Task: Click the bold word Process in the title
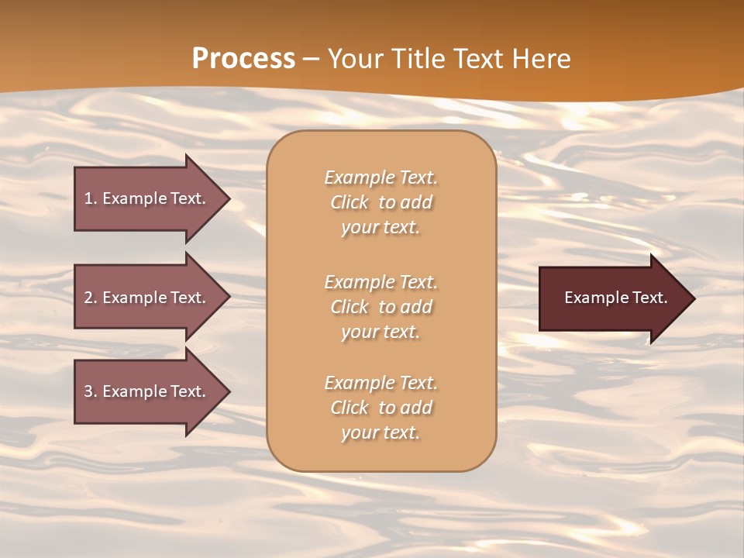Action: [x=243, y=59]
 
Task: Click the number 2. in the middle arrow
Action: [x=91, y=298]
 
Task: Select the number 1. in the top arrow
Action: [x=91, y=198]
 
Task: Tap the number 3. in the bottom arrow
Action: [x=91, y=391]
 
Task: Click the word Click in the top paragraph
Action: [x=350, y=202]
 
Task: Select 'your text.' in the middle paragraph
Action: [x=381, y=332]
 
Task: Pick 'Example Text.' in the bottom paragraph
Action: [x=381, y=383]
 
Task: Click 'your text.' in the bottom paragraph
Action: [x=381, y=432]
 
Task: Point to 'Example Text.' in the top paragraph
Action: [x=381, y=177]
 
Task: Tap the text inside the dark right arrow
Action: [x=615, y=298]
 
